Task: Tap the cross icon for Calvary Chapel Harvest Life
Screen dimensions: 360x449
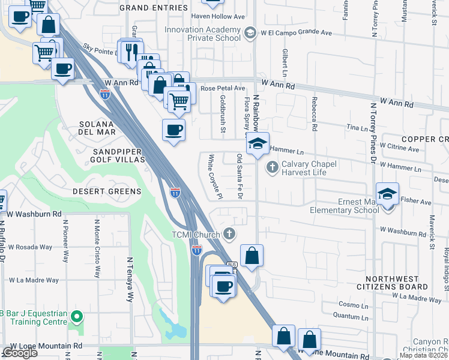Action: pos(272,166)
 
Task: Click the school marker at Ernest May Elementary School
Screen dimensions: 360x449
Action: pos(387,194)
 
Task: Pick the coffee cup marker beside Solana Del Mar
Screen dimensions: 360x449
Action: pos(174,130)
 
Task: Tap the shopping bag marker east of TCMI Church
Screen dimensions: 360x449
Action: pos(252,255)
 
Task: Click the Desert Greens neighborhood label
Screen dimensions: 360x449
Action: pos(107,191)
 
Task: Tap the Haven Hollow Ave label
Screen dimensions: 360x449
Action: pos(218,17)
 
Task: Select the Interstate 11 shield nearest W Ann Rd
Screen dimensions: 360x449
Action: pos(105,93)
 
